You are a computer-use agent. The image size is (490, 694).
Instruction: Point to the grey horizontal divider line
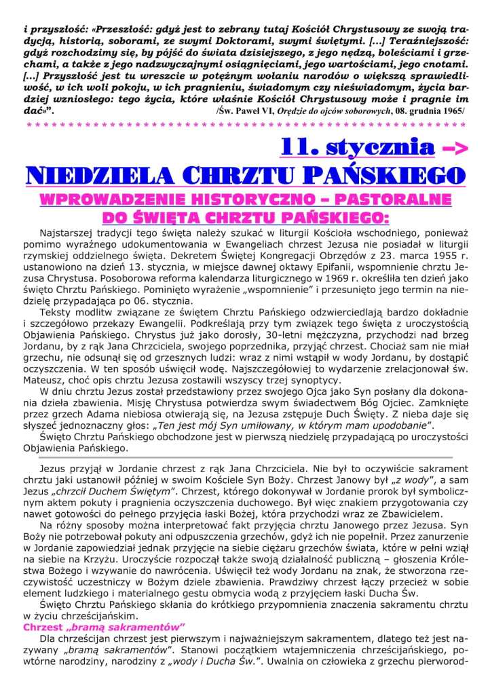(x=245, y=457)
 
